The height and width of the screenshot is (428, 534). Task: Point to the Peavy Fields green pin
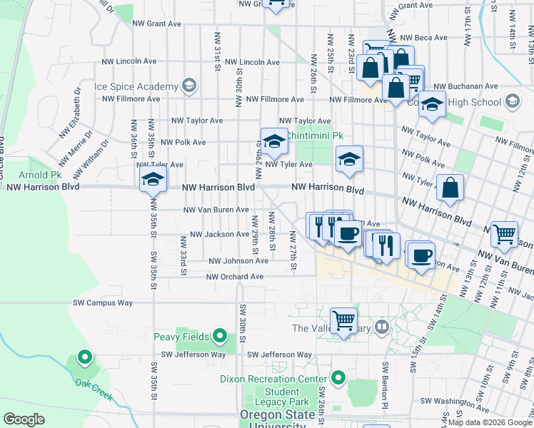pyautogui.click(x=220, y=335)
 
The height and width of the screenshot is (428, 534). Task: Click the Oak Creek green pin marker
pyautogui.click(x=85, y=357)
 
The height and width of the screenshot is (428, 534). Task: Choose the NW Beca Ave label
pyautogui.click(x=423, y=38)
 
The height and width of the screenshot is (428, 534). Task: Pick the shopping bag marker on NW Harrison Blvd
pyautogui.click(x=450, y=188)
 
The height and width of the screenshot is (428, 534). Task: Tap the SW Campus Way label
pyautogui.click(x=103, y=303)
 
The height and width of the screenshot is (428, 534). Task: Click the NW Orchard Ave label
pyautogui.click(x=237, y=277)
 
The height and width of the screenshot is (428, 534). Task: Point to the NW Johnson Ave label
pyautogui.click(x=238, y=260)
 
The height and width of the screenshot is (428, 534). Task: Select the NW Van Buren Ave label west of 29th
pyautogui.click(x=216, y=210)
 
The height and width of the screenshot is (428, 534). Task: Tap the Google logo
pyautogui.click(x=24, y=419)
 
